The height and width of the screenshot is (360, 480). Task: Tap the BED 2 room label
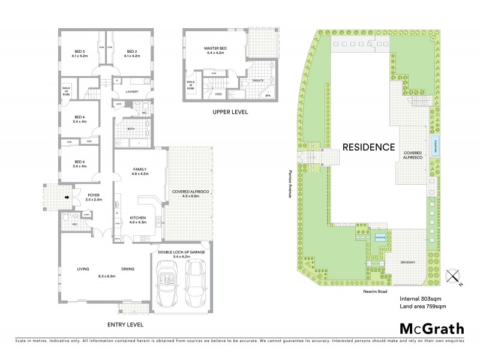pyautogui.click(x=131, y=53)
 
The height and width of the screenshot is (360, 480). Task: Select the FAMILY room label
pyautogui.click(x=140, y=172)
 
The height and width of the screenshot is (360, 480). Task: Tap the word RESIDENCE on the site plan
pyautogui.click(x=368, y=147)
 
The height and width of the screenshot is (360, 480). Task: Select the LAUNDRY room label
pyautogui.click(x=131, y=92)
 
